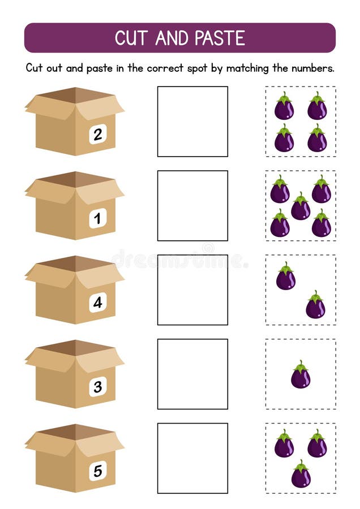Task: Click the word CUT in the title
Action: point(131,38)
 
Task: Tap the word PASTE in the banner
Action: point(220,38)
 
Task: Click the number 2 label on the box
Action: point(98,134)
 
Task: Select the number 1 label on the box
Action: point(98,218)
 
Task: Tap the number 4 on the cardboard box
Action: point(98,303)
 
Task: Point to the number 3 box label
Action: point(98,387)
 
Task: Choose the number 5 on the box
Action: point(98,471)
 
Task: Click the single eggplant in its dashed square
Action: point(301,374)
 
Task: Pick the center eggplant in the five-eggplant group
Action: point(301,206)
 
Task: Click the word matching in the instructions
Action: point(247,68)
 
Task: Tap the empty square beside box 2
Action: point(192,122)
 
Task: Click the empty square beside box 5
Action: point(192,458)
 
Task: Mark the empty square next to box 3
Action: point(192,374)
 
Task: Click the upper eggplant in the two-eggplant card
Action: point(286,276)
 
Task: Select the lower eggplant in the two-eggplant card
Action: point(315,304)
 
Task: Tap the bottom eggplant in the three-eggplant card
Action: point(301,473)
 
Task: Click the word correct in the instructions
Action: point(165,68)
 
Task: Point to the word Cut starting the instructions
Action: point(34,68)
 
